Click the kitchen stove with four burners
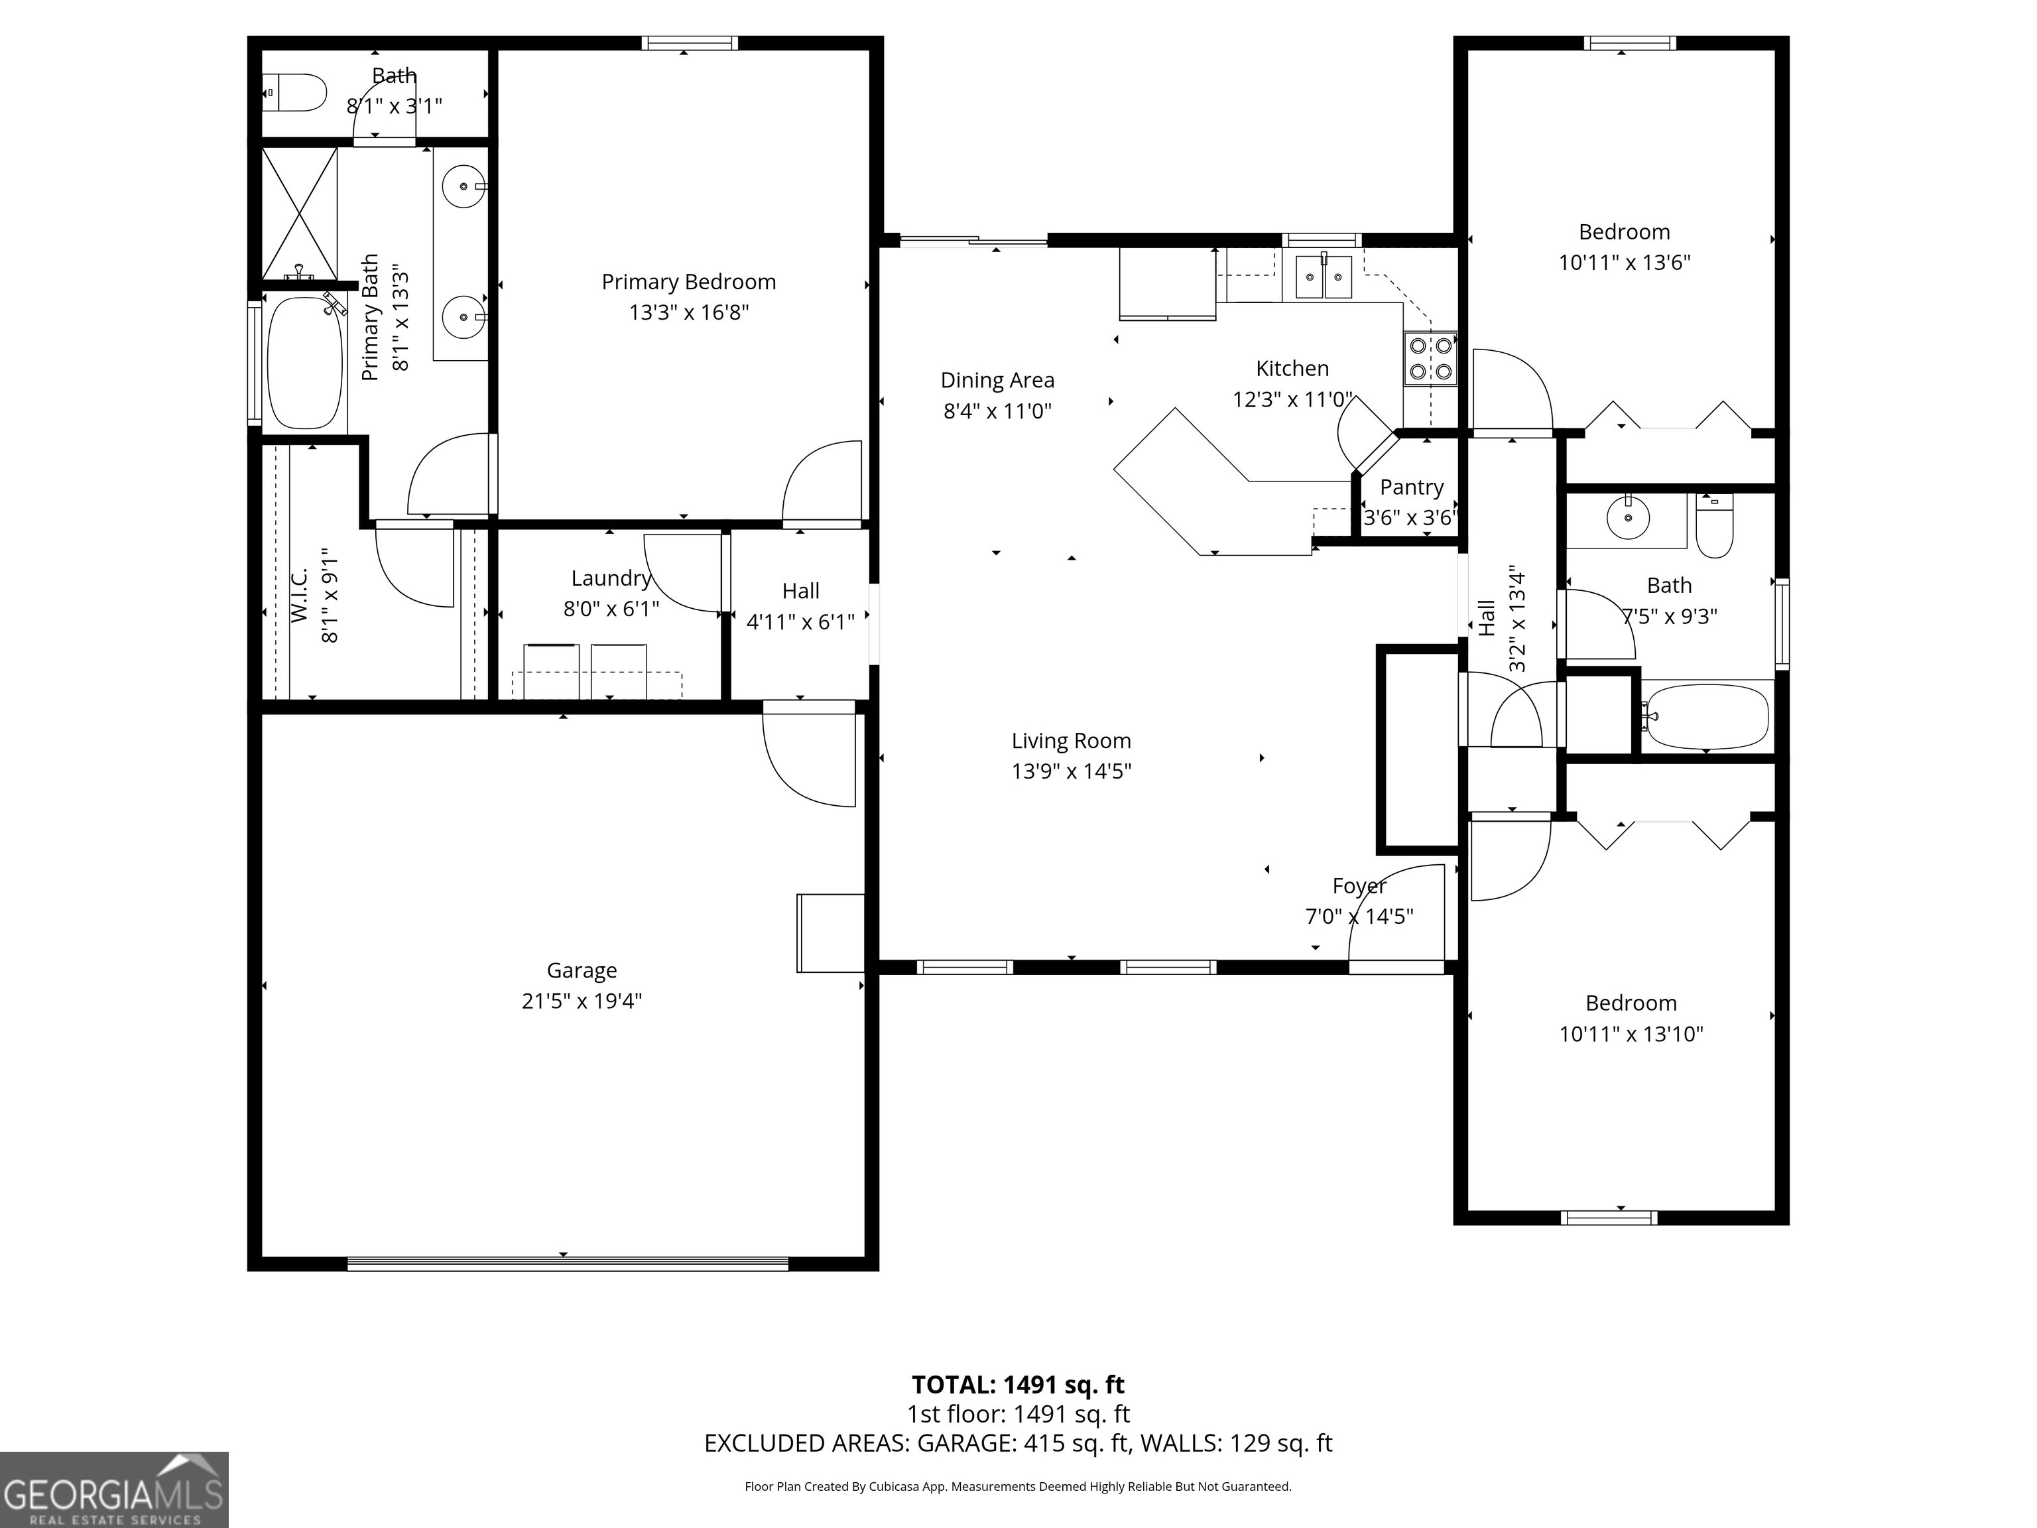click(1431, 358)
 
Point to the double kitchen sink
click(1324, 277)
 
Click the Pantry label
click(1411, 487)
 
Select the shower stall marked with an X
click(299, 213)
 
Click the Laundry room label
click(611, 578)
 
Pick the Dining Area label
click(997, 381)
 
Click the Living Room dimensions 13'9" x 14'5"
click(1071, 771)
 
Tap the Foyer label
click(1358, 886)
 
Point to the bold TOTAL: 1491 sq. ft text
click(1018, 1384)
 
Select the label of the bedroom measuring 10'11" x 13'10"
click(1630, 1003)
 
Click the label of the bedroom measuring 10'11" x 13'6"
click(1623, 232)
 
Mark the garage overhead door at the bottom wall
click(567, 1263)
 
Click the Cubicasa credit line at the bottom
click(1018, 1486)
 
